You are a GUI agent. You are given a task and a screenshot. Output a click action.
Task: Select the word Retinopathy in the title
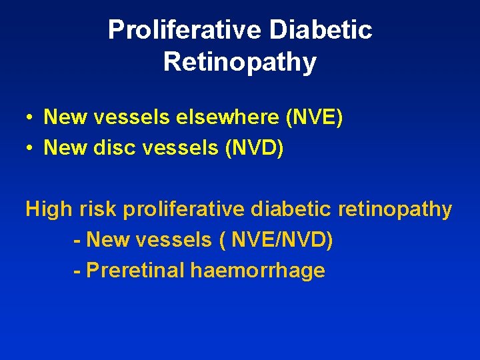point(240,62)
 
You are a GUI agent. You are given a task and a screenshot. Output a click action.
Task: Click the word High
point(49,210)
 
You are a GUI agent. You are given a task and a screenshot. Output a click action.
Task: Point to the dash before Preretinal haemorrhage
point(77,271)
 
